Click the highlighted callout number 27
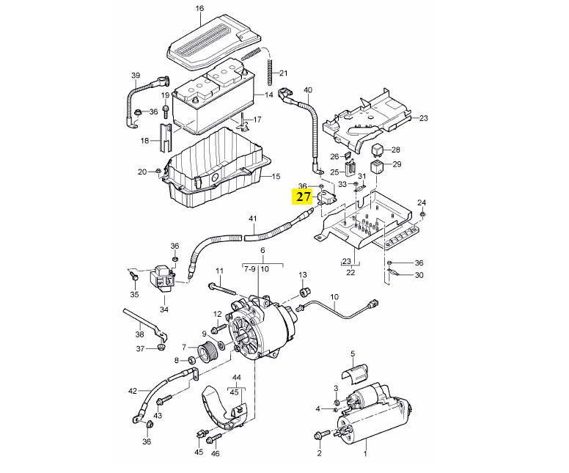click(x=303, y=196)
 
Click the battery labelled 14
click(x=213, y=103)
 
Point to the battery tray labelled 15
click(x=213, y=169)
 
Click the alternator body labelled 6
click(x=260, y=330)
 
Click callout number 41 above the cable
click(x=253, y=219)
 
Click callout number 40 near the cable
click(x=308, y=90)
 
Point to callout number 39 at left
click(x=135, y=76)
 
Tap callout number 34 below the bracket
click(x=164, y=309)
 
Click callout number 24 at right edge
click(x=421, y=202)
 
